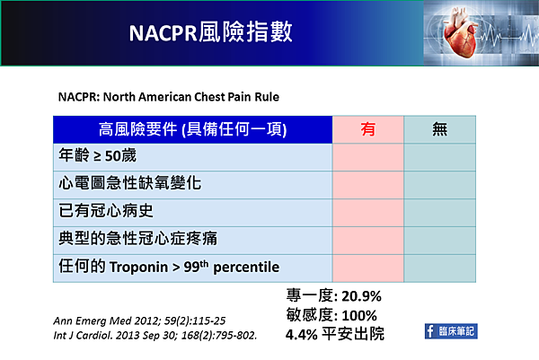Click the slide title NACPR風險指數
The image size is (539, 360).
pyautogui.click(x=211, y=32)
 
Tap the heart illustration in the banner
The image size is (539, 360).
pyautogui.click(x=460, y=33)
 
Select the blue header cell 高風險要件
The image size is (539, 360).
pyautogui.click(x=193, y=129)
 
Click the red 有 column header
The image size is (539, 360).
pyautogui.click(x=367, y=129)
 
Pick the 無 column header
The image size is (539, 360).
pyautogui.click(x=439, y=129)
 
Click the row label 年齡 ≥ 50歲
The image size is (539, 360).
pyautogui.click(x=98, y=155)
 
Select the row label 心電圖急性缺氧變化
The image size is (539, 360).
pyautogui.click(x=130, y=183)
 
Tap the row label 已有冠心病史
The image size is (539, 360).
pyautogui.click(x=106, y=211)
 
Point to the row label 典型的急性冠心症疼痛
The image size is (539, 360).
pyautogui.click(x=137, y=239)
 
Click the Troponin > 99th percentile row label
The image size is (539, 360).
pyautogui.click(x=169, y=267)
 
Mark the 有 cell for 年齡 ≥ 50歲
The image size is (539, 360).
pyautogui.click(x=367, y=157)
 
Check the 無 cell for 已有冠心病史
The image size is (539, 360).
pyautogui.click(x=439, y=213)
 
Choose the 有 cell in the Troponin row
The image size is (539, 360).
pyautogui.click(x=367, y=268)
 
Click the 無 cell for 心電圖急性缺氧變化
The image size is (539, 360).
pyautogui.click(x=439, y=185)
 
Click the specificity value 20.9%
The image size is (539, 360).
pyautogui.click(x=362, y=296)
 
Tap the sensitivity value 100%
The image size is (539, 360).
pyautogui.click(x=359, y=315)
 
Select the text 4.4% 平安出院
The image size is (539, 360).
pyautogui.click(x=335, y=334)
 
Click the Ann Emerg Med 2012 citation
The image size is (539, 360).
pyautogui.click(x=139, y=320)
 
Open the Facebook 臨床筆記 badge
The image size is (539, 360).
pyautogui.click(x=451, y=331)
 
